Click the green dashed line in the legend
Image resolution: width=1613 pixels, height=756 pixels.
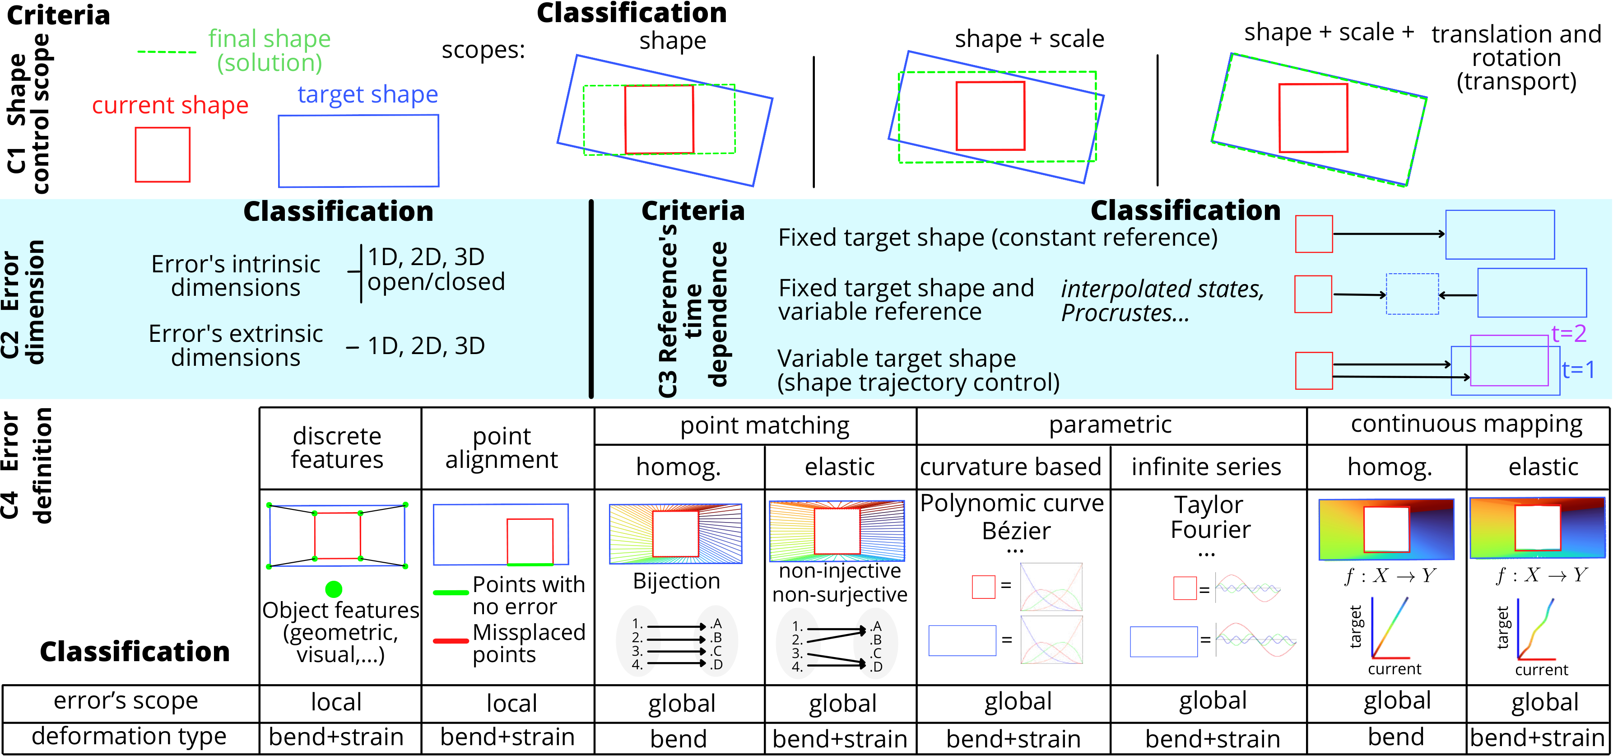[x=167, y=52]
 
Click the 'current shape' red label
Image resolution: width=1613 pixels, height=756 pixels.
[x=170, y=105]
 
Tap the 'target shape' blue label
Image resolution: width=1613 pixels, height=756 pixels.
[x=367, y=94]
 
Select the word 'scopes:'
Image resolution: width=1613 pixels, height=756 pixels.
[x=483, y=50]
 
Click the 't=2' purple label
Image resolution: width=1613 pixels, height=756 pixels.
[x=1569, y=333]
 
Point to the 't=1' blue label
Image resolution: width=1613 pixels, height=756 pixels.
[x=1578, y=369]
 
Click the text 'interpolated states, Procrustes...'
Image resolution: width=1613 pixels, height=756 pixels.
[x=1162, y=301]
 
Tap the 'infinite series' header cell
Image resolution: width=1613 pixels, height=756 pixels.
[x=1206, y=467]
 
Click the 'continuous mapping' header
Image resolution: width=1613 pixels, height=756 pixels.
[x=1466, y=424]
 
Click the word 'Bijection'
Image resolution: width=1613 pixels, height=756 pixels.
[x=676, y=581]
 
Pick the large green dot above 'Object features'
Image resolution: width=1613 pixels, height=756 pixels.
[x=334, y=589]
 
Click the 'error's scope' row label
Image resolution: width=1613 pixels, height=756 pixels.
[x=126, y=701]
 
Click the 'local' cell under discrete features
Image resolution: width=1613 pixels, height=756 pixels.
[x=336, y=703]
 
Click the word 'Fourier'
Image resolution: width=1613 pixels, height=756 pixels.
[x=1210, y=530]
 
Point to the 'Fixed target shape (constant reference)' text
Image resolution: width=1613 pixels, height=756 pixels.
[x=998, y=238]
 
